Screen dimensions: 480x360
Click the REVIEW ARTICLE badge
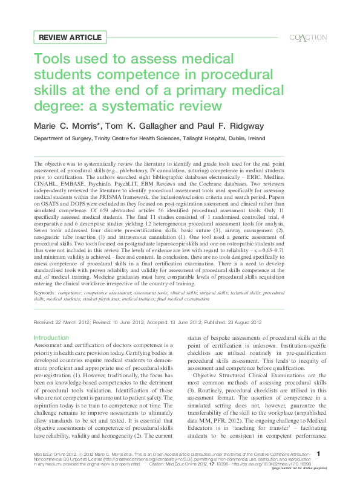(x=70, y=37)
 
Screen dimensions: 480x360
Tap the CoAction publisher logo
(x=309, y=38)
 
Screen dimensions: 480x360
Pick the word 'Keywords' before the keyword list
(x=47, y=292)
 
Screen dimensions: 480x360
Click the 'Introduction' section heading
(x=51, y=337)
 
